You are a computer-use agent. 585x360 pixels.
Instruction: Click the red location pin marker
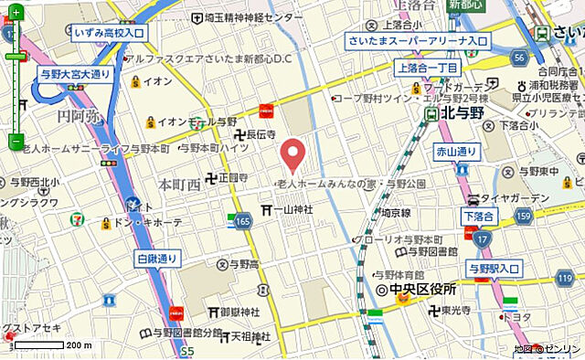(292, 154)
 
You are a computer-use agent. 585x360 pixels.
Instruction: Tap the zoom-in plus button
(16, 37)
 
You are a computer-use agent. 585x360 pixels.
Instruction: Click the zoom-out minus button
(16, 142)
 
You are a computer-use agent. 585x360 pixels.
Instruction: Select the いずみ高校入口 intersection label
(109, 33)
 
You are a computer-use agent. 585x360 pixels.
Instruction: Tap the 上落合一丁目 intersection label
(427, 67)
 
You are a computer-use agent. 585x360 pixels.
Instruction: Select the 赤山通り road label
(456, 151)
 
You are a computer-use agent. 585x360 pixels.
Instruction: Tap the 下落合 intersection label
(478, 216)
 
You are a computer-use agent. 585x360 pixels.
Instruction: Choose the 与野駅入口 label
(493, 268)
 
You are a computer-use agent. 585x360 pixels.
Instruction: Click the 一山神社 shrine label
(287, 209)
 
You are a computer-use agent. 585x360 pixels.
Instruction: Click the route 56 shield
(518, 57)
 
